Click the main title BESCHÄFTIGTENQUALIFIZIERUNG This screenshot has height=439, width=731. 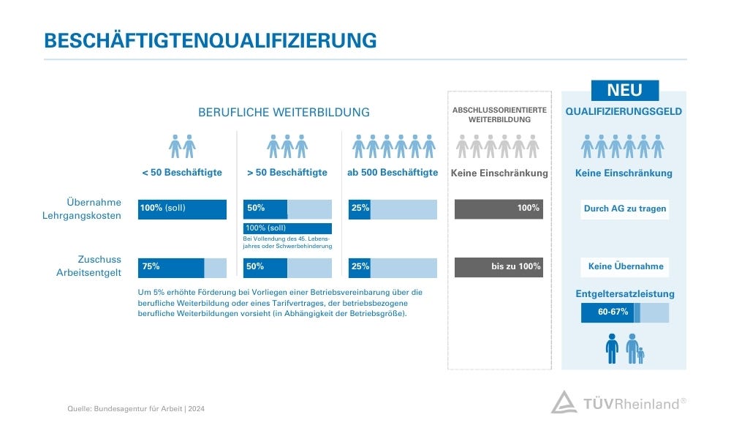[x=211, y=40]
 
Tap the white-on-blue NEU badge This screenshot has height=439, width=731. [x=624, y=90]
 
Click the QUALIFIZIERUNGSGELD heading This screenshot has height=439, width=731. [x=624, y=112]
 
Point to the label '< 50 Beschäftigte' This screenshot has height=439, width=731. [x=182, y=173]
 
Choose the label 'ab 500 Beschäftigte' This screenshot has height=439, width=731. [x=393, y=173]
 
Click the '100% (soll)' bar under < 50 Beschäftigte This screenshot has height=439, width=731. [x=182, y=209]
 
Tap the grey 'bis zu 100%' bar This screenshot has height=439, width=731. [x=499, y=267]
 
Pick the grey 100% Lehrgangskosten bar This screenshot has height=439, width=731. [x=499, y=209]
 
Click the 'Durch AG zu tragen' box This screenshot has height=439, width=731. [x=624, y=209]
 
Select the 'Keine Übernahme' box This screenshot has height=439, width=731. [x=625, y=267]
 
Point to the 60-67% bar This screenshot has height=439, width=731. [x=624, y=312]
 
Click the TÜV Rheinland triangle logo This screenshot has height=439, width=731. [x=564, y=402]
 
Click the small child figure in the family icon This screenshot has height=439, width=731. [x=640, y=356]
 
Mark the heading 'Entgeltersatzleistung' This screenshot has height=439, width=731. [x=624, y=294]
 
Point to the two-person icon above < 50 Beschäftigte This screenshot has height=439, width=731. [x=182, y=146]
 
